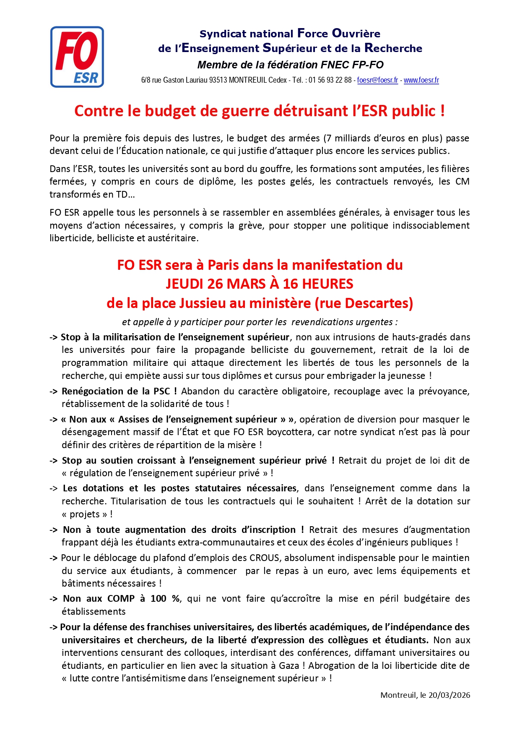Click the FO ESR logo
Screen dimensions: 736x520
77,57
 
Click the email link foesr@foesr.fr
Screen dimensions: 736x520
377,80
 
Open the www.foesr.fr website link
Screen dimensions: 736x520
421,80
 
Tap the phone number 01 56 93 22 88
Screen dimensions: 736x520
330,80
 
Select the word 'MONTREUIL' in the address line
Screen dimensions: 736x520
248,80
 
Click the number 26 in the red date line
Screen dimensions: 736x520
215,284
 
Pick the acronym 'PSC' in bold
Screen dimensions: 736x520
161,391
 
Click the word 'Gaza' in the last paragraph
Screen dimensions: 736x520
289,666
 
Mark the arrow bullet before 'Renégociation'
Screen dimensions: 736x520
53,391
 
